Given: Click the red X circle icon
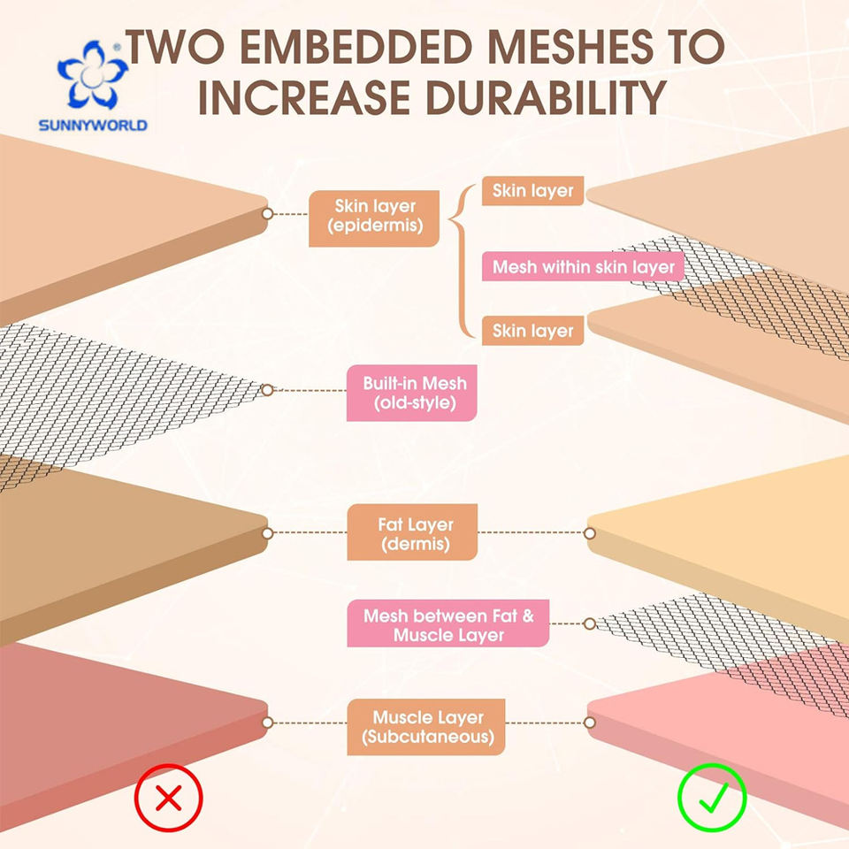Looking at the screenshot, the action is click(168, 797).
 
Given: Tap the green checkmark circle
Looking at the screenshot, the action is click(712, 797).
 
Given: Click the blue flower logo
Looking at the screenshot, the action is click(93, 74).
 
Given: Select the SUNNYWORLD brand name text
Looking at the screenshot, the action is click(93, 126).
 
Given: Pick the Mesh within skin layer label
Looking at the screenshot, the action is click(583, 266).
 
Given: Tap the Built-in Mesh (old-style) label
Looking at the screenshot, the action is click(412, 393).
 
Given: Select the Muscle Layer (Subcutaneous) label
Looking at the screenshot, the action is click(426, 727).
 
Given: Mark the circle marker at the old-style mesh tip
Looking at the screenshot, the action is click(267, 390).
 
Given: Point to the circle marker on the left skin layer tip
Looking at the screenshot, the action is click(267, 213).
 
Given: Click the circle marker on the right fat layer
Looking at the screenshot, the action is click(590, 533).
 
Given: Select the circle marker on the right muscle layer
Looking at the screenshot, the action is click(590, 723).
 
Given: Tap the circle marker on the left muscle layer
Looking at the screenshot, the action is click(267, 723).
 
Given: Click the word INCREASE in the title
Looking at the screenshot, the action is click(303, 98).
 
